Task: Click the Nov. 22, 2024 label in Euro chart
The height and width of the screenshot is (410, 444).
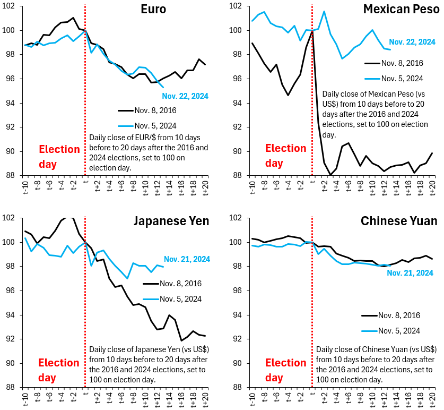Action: (186, 96)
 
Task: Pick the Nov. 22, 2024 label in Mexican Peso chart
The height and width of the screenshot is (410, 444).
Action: (411, 41)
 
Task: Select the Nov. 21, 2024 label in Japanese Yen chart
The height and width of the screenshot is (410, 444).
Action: (187, 259)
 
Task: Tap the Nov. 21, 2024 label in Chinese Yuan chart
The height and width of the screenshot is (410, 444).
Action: (410, 273)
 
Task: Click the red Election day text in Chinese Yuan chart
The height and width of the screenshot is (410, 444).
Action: (285, 370)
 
